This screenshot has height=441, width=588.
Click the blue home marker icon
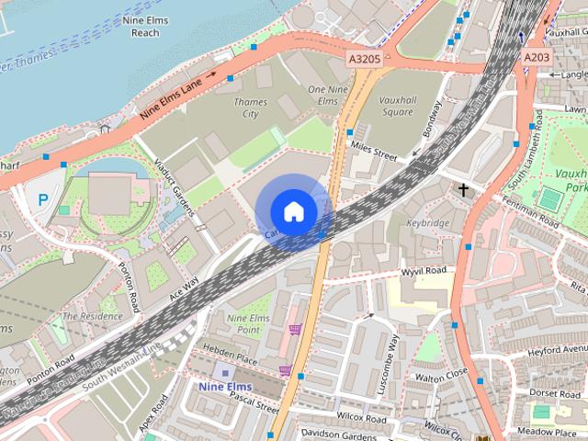[x=293, y=211]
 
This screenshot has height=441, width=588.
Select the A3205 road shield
[x=365, y=58]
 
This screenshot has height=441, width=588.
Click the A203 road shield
[x=537, y=58]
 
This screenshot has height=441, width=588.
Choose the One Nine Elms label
[x=329, y=96]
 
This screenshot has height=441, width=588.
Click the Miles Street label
[x=373, y=151]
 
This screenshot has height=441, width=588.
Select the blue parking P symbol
[x=42, y=198]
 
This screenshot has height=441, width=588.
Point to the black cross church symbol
[x=463, y=190]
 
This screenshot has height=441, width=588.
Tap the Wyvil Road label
[x=424, y=272]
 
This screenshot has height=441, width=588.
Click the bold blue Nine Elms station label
[x=224, y=387]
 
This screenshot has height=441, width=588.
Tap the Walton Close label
[x=441, y=376]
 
